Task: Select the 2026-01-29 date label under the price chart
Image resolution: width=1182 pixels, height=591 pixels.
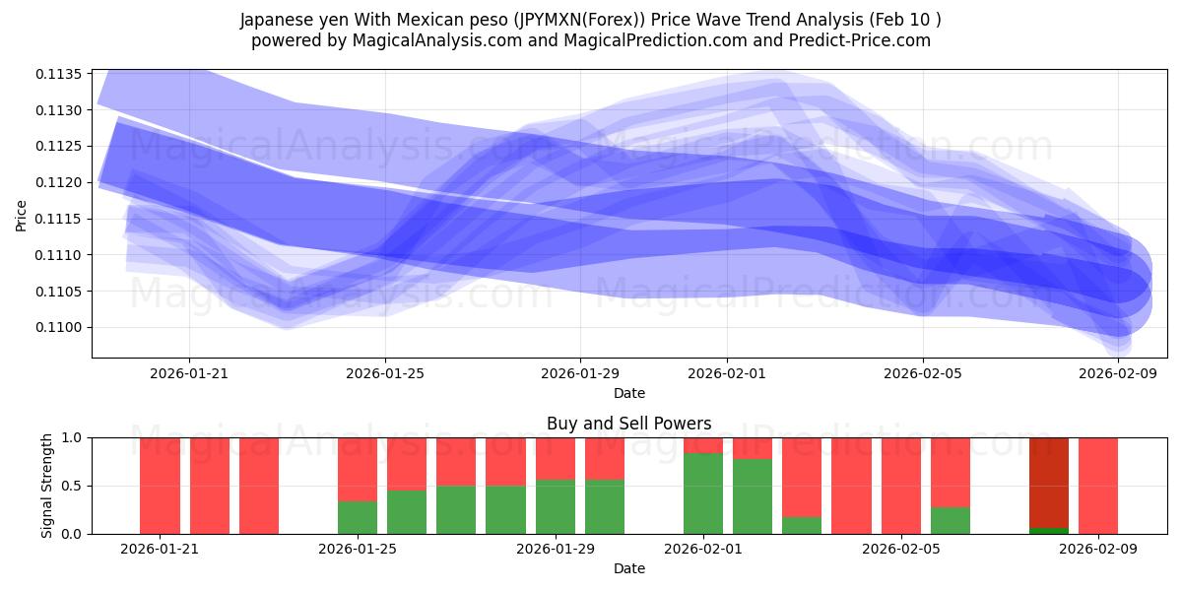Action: (580, 374)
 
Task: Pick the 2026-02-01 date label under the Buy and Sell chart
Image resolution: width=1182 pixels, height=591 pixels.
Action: (703, 550)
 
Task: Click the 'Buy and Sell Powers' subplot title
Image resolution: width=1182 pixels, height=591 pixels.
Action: (628, 424)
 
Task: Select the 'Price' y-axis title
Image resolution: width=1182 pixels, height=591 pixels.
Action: (22, 214)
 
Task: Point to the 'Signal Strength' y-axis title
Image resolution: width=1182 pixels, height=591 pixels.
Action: (47, 485)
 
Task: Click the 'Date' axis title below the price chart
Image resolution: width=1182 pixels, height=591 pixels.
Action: (628, 393)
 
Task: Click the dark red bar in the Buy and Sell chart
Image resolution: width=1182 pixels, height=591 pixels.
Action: (1049, 482)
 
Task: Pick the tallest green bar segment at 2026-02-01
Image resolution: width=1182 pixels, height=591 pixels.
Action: (703, 493)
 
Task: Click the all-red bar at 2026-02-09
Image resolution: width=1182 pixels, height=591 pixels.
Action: (1098, 486)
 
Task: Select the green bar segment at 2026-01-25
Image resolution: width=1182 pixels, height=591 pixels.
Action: (358, 517)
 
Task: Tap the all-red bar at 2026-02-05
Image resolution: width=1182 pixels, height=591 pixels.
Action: (901, 486)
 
